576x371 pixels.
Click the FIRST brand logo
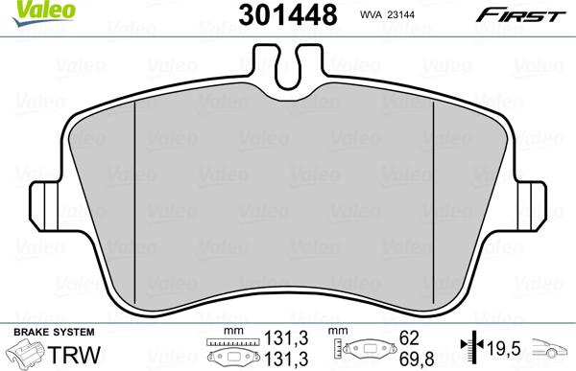pyautogui.click(x=533, y=13)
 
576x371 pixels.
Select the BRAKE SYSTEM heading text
pyautogui.click(x=46, y=332)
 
